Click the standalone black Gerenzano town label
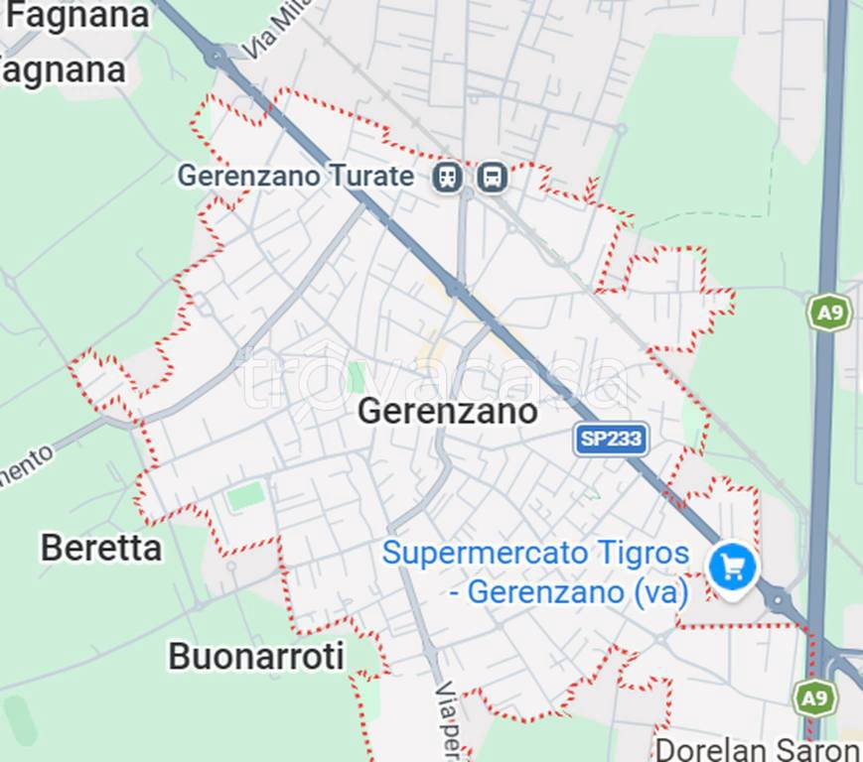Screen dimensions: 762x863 tap(447, 411)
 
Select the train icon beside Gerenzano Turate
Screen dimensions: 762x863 tap(448, 178)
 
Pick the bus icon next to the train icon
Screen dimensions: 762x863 tap(492, 178)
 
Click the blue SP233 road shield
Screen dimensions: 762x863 tap(611, 439)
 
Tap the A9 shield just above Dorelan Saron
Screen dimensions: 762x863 tap(814, 698)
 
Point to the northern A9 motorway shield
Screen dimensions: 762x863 tap(827, 313)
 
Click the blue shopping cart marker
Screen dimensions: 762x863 tap(733, 569)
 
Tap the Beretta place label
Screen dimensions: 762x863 tap(100, 547)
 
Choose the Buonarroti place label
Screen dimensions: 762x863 tap(256, 656)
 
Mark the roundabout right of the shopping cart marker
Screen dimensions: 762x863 tap(778, 598)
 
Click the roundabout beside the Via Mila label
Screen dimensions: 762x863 tap(215, 57)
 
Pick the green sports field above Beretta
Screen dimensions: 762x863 tap(245, 495)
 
